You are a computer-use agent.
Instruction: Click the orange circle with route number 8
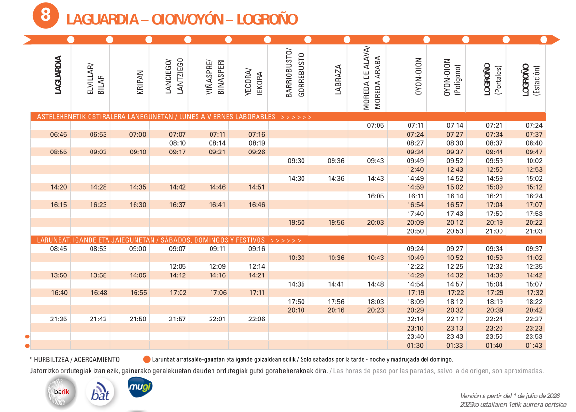tap(45, 16)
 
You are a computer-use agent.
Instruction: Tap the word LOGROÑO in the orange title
tap(267, 19)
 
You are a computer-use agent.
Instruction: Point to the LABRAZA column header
tap(338, 80)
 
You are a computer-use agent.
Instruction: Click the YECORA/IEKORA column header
tap(254, 82)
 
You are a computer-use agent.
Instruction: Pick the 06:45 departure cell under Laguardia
tap(59, 135)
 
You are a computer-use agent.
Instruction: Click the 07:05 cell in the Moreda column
tap(376, 126)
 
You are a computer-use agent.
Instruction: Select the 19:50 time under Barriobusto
tap(296, 223)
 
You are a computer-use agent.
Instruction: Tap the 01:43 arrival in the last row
tap(534, 346)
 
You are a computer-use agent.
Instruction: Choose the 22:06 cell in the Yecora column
tap(257, 319)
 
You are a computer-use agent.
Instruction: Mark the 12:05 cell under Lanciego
tap(178, 266)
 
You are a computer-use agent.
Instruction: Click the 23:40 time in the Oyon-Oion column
tap(415, 336)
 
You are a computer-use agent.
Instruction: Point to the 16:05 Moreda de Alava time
tap(376, 196)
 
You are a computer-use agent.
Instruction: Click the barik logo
tap(62, 392)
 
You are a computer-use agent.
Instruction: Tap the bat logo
tap(100, 392)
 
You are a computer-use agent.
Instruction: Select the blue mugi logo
tap(140, 387)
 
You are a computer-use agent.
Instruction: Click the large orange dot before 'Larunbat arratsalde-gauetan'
tap(147, 359)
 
